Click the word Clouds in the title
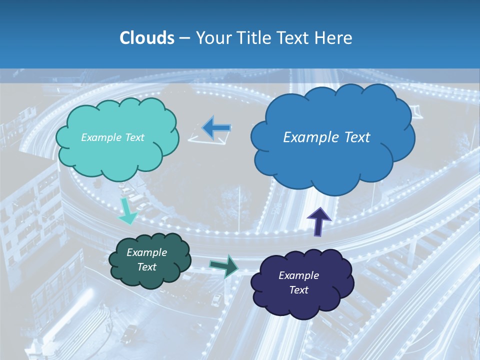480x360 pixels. click(146, 38)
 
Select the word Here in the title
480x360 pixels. click(334, 38)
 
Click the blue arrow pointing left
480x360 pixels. click(216, 128)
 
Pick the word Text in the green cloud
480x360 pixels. click(147, 267)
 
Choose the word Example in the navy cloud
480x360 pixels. click(298, 275)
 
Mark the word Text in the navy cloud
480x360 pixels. click(298, 290)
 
